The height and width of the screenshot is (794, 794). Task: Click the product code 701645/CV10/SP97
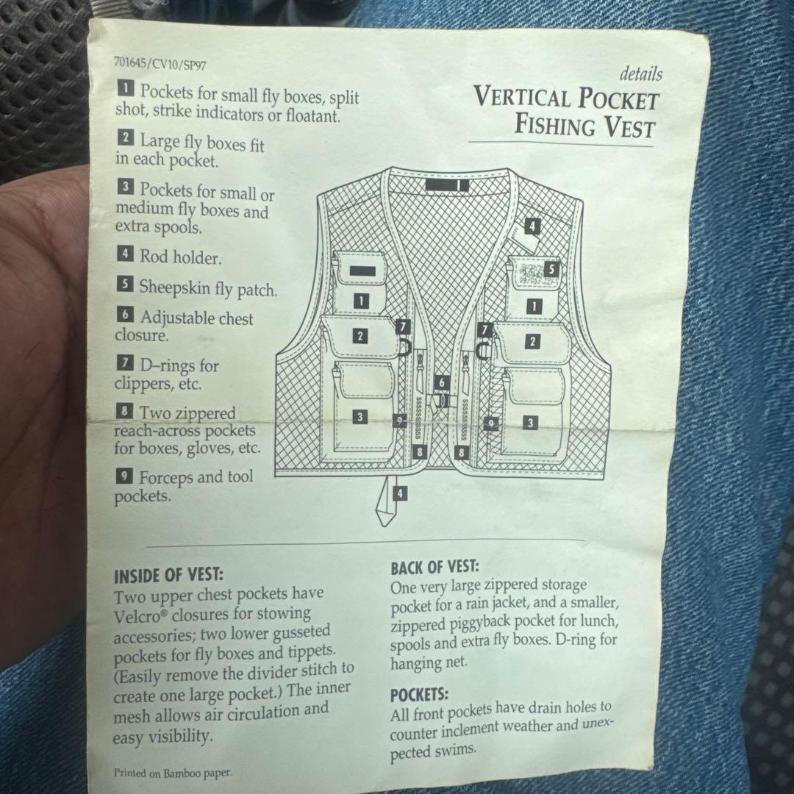(x=160, y=63)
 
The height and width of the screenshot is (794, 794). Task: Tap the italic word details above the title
(x=640, y=74)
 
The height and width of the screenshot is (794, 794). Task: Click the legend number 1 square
(x=126, y=88)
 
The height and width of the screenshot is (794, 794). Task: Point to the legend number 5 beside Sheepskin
(x=125, y=284)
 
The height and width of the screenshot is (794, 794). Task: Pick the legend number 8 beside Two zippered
(x=124, y=410)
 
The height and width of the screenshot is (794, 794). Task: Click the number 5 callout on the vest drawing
(x=551, y=269)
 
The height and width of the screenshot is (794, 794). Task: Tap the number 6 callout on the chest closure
(x=442, y=382)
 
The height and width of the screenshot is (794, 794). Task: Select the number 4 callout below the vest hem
(x=400, y=493)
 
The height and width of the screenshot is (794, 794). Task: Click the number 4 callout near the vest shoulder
(x=532, y=226)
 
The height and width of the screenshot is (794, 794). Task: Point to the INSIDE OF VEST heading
(x=168, y=576)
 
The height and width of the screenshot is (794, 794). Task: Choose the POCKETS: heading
(x=419, y=695)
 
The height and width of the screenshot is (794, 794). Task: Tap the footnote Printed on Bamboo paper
(x=173, y=773)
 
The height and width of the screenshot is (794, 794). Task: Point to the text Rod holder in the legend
(x=181, y=257)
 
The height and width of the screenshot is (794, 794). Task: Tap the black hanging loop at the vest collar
(x=447, y=185)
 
